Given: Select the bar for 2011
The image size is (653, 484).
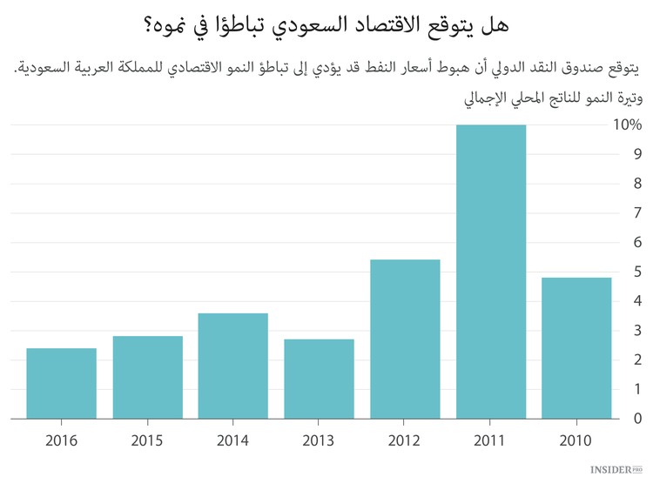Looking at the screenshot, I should [x=490, y=272].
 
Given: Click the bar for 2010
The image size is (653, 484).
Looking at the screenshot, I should [x=576, y=348].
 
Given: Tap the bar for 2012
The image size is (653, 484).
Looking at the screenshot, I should [x=405, y=339].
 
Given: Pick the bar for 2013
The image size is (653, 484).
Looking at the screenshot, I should [x=319, y=380].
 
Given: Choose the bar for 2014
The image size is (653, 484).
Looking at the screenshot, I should [x=233, y=366].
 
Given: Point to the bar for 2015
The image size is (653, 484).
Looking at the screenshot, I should [x=147, y=378].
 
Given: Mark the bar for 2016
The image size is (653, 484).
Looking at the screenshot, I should [x=61, y=384].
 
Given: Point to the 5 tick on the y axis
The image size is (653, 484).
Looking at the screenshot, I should [x=637, y=272].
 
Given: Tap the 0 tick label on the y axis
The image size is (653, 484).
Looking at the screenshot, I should [x=637, y=419].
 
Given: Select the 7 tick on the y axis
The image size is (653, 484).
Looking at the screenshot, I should [x=637, y=213].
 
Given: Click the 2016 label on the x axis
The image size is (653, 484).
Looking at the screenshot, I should [x=61, y=440].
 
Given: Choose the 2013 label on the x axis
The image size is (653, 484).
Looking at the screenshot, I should [x=319, y=440].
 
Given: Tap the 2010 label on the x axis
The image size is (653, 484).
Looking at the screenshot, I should [x=576, y=440].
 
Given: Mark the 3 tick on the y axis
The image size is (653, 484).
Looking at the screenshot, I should [x=637, y=331].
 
